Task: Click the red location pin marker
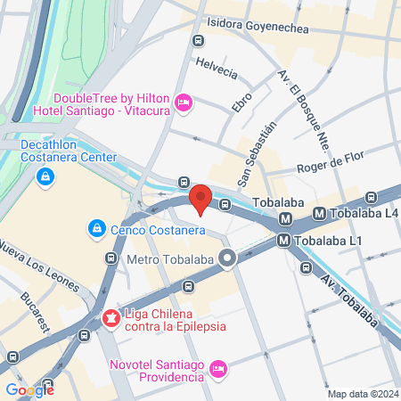click(x=200, y=199)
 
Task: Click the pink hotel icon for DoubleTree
click(x=184, y=104)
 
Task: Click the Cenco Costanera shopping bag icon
click(x=96, y=229)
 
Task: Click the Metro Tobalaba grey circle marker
click(x=228, y=260)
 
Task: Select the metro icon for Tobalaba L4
click(x=319, y=214)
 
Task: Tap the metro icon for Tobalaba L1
click(x=283, y=240)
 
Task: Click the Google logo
click(x=29, y=389)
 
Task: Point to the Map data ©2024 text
click(x=362, y=394)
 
